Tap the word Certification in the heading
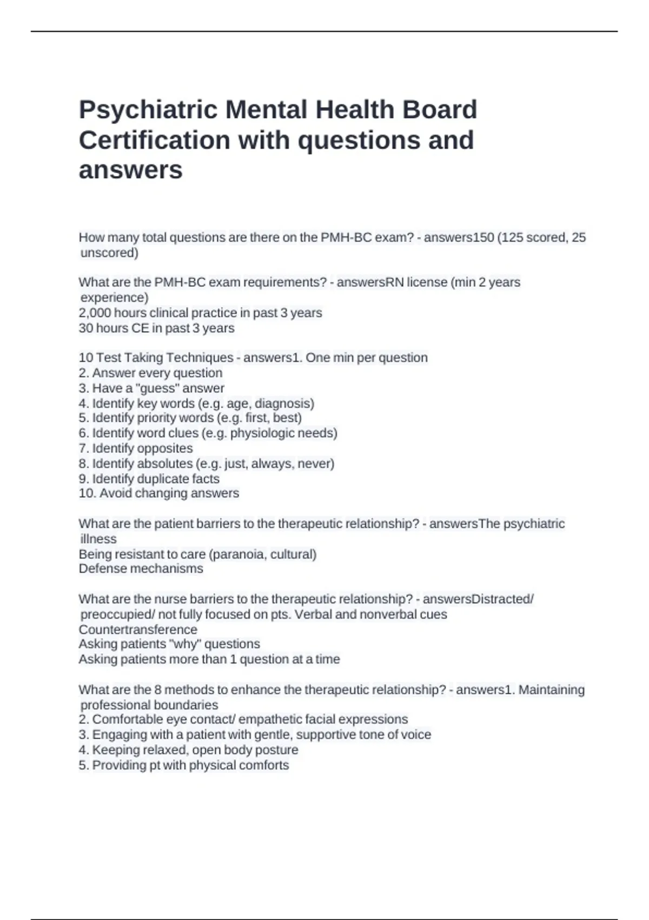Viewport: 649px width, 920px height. (154, 140)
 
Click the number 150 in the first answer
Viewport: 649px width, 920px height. (484, 238)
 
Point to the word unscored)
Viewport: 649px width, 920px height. (109, 253)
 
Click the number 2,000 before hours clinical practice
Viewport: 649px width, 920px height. (94, 313)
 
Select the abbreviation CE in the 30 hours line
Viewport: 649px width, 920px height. (140, 328)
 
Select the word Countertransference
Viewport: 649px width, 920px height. (138, 629)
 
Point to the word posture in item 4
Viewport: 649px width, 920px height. (279, 750)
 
